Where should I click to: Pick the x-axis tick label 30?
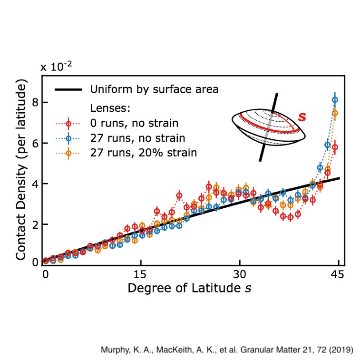click(x=240, y=275)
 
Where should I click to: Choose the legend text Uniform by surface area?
click(x=154, y=89)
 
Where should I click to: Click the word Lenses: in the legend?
click(x=107, y=108)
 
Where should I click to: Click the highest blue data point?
click(x=335, y=100)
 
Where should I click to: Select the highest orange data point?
click(x=335, y=113)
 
